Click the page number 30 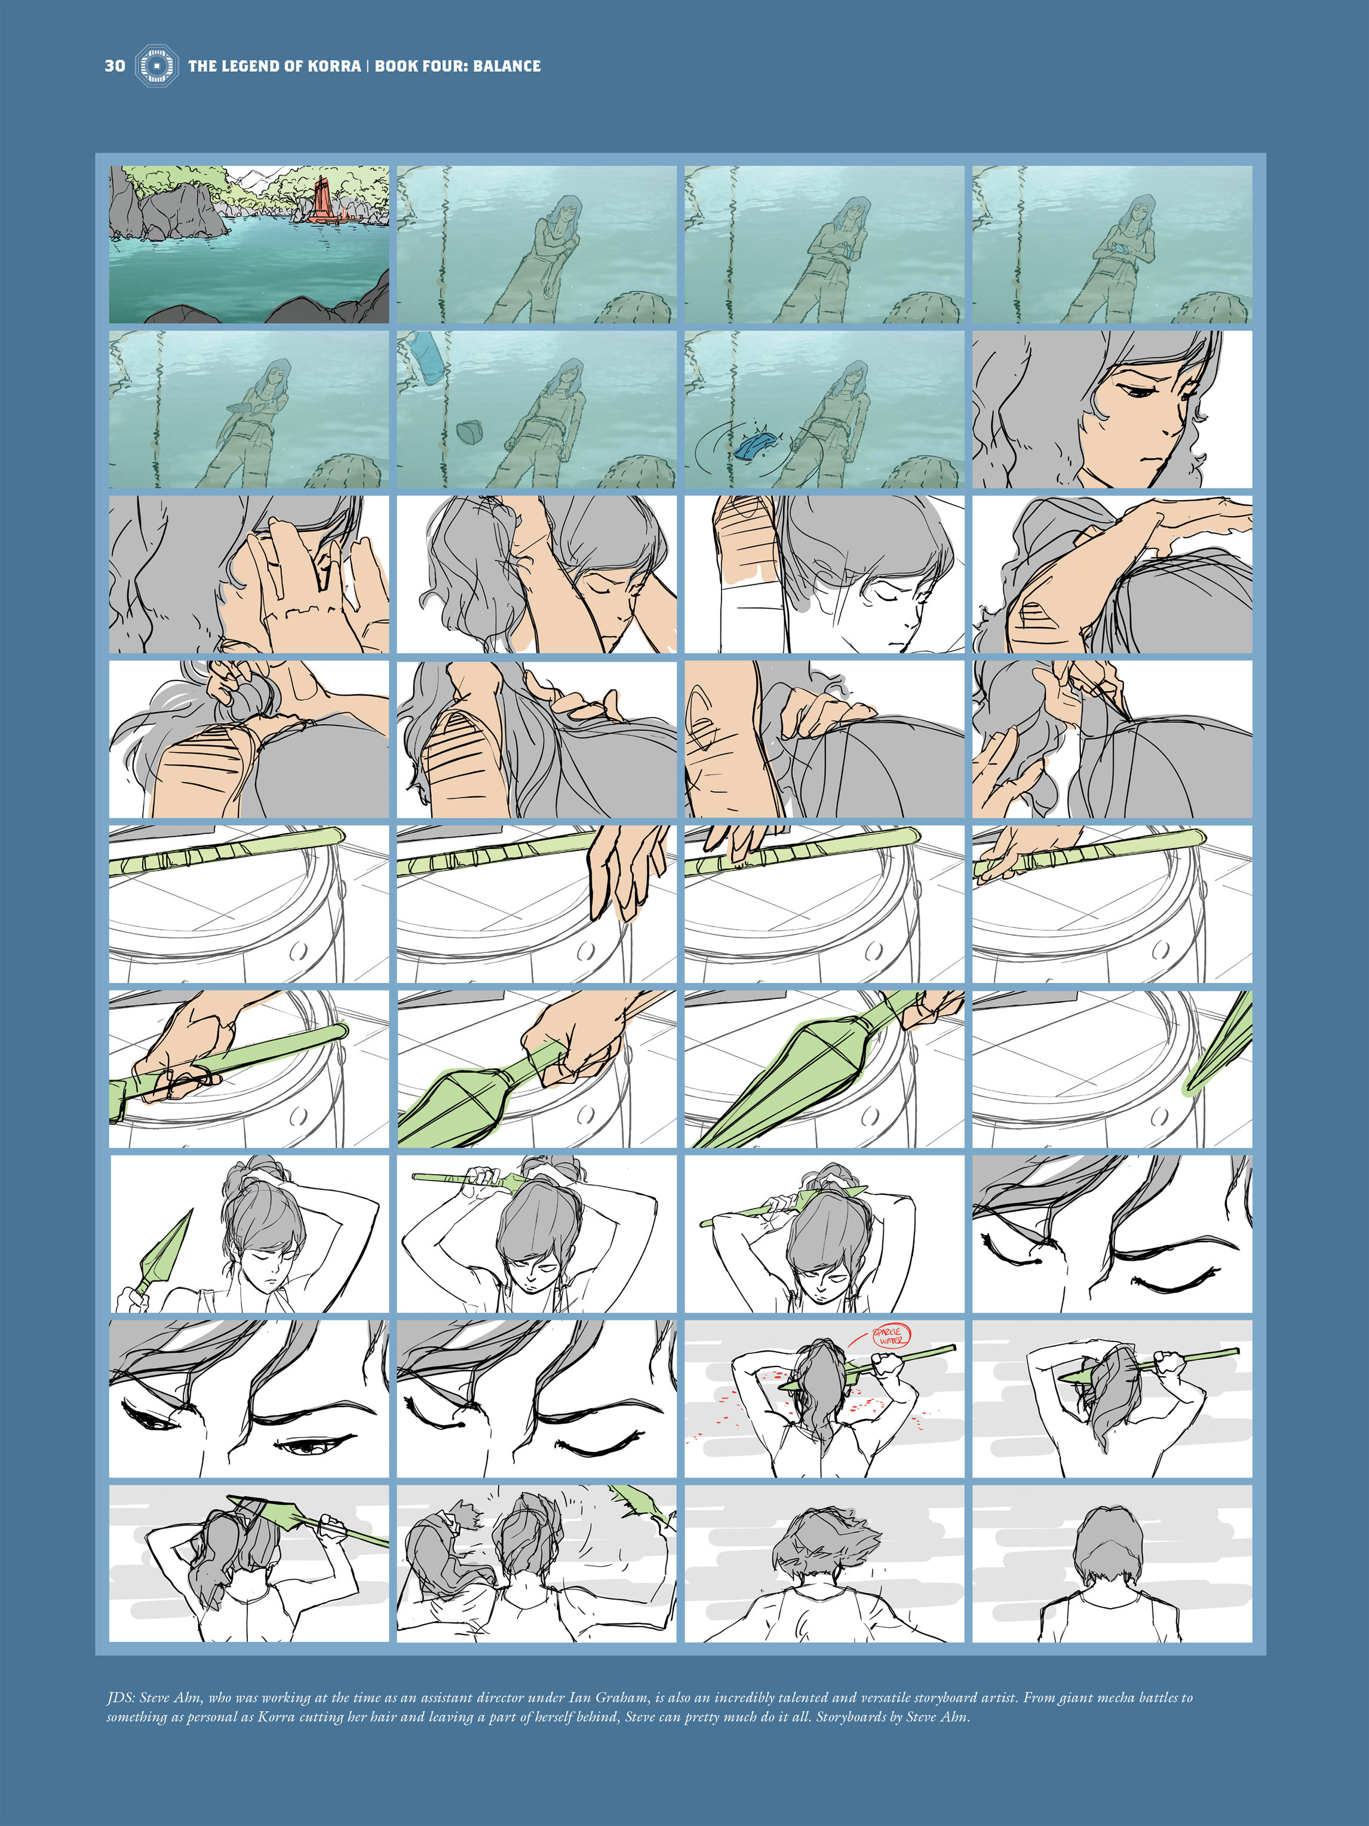(x=115, y=66)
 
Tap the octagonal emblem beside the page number (x=156, y=66)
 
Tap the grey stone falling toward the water (x=469, y=431)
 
